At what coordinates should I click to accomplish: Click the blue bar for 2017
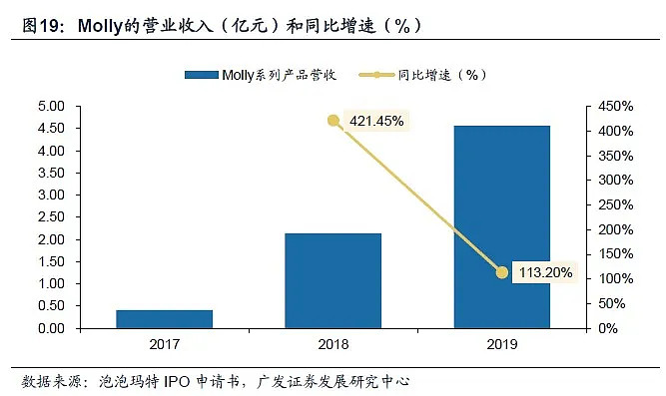pos(164,318)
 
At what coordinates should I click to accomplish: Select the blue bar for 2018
pos(333,280)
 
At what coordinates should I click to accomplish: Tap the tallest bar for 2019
pos(501,226)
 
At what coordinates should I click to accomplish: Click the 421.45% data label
pos(376,122)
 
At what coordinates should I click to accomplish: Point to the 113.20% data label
pos(544,272)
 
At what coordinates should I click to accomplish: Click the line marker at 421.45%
pos(333,121)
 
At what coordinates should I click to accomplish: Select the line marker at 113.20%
pos(502,272)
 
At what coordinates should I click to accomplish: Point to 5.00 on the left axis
pos(51,106)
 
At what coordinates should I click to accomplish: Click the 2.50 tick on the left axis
pos(51,217)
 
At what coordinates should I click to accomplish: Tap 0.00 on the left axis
pos(51,328)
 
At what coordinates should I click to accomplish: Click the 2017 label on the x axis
pos(164,346)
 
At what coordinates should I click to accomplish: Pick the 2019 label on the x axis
pos(501,346)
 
